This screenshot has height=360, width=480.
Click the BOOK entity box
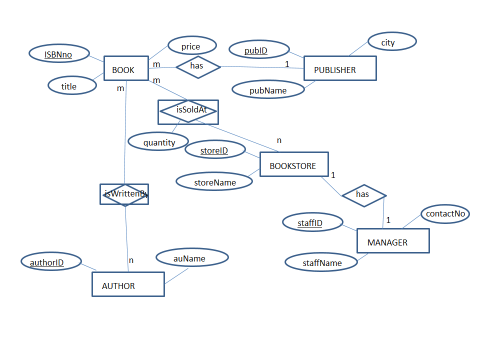[125, 69]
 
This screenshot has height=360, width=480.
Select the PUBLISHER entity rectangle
[340, 68]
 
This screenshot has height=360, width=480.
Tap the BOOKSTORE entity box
[294, 164]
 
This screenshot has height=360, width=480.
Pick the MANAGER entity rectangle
[393, 241]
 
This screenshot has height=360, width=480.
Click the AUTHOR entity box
[128, 285]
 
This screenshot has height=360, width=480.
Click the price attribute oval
[191, 45]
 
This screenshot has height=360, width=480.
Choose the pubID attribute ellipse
[256, 49]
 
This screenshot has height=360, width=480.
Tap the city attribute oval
[392, 42]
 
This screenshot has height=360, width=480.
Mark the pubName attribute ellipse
[268, 90]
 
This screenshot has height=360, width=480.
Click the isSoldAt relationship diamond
[188, 111]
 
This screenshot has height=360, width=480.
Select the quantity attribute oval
[158, 142]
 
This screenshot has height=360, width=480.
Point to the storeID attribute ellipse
[215, 149]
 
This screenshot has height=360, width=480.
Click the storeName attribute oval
[213, 182]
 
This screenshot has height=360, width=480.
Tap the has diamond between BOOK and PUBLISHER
[197, 67]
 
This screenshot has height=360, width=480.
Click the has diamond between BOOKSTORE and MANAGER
[364, 195]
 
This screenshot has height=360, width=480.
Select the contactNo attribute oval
[445, 213]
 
